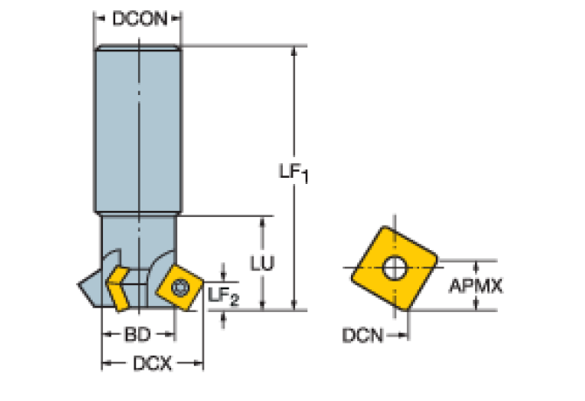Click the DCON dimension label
[x=138, y=17]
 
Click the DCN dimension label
[x=361, y=333]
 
